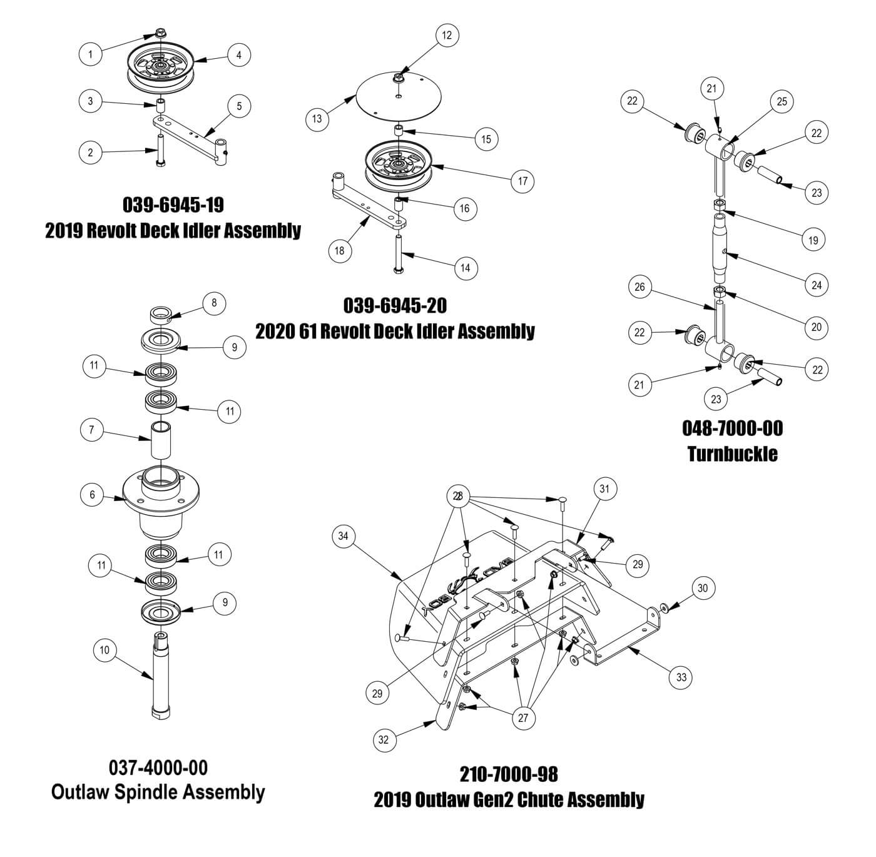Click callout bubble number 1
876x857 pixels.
click(x=91, y=54)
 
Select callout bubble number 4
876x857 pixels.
click(x=239, y=55)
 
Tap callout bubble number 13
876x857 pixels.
click(x=318, y=118)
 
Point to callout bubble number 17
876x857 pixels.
click(x=523, y=181)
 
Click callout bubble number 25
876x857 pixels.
click(x=782, y=102)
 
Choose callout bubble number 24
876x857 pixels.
click(x=817, y=285)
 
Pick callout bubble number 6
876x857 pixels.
click(x=93, y=495)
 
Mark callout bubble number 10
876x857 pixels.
click(x=104, y=650)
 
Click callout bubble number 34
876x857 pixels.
click(x=343, y=536)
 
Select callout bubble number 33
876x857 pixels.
click(x=681, y=677)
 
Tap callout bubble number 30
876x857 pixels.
click(x=703, y=588)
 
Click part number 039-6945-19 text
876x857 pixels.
click(x=173, y=205)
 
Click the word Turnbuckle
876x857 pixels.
click(x=732, y=454)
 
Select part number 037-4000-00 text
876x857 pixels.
click(x=158, y=767)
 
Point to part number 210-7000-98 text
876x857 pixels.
click(x=509, y=774)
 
